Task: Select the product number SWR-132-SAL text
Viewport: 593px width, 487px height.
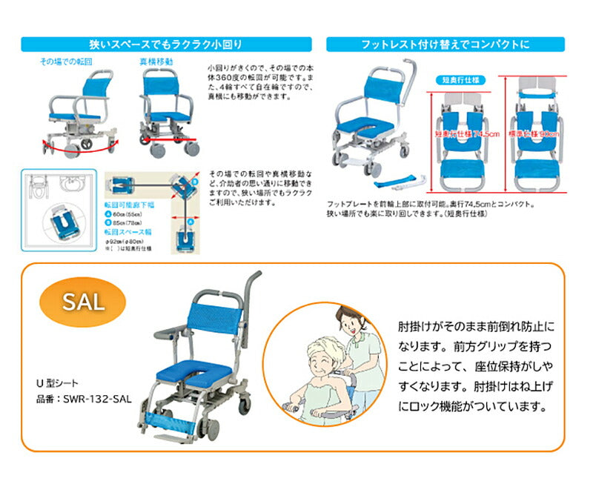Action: point(87,398)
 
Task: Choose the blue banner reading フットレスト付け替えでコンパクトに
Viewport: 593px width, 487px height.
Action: point(445,44)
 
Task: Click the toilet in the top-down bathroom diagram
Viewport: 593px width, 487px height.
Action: point(38,189)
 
